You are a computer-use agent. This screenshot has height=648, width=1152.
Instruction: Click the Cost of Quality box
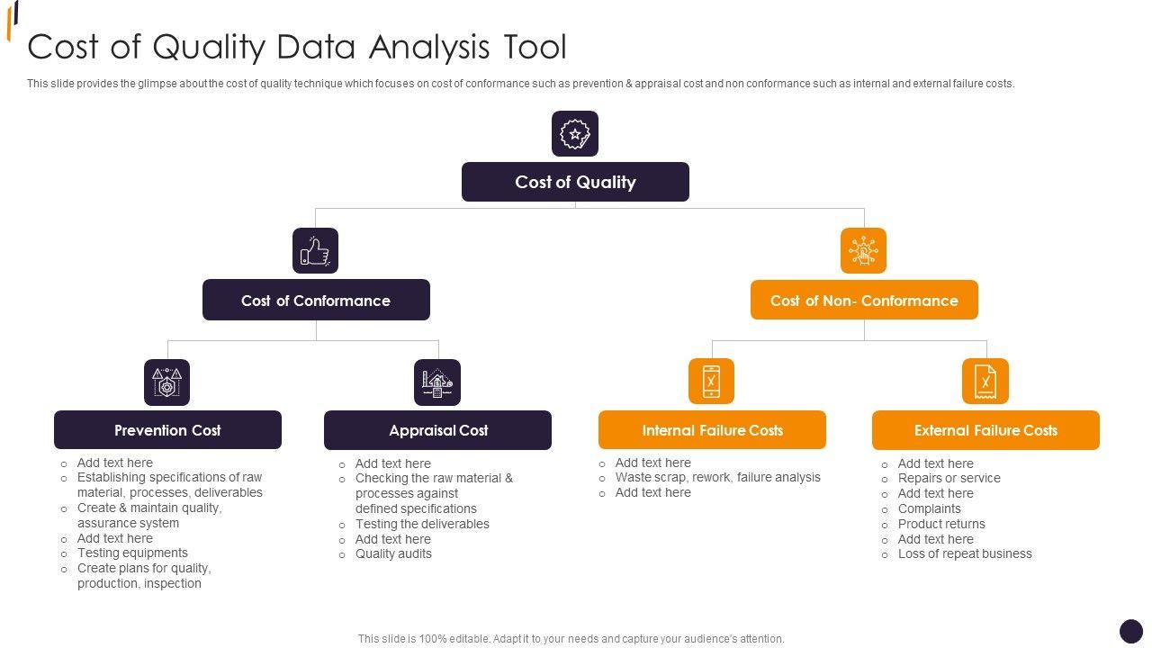point(575,182)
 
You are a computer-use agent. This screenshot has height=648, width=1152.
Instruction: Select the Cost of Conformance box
point(316,300)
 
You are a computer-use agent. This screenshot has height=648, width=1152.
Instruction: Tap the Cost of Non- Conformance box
point(864,300)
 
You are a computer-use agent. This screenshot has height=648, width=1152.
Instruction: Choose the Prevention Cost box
point(167,430)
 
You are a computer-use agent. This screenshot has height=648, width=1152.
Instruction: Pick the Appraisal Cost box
point(437,430)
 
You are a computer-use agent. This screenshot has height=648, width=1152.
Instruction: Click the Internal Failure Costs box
point(712,430)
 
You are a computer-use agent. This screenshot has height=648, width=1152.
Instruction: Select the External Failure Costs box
point(985,430)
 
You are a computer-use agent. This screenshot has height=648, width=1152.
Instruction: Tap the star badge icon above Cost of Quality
point(575,134)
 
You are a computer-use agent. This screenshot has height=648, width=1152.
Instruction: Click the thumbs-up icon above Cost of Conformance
point(315,250)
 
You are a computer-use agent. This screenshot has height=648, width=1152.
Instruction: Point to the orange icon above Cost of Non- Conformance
point(863,250)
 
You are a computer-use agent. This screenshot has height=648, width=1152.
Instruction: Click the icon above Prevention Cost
point(166,382)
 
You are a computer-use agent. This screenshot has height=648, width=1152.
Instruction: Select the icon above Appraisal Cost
point(437,382)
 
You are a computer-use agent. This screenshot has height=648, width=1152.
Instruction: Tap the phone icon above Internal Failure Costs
point(711,382)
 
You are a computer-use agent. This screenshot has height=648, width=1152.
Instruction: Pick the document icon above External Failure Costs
point(985,382)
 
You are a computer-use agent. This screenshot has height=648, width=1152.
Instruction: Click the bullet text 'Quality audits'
point(393,554)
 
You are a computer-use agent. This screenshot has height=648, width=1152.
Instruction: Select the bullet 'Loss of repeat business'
point(965,554)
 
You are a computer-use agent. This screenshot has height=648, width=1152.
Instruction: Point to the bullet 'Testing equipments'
point(132,553)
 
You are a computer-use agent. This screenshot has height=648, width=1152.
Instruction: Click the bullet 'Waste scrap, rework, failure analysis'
point(717,478)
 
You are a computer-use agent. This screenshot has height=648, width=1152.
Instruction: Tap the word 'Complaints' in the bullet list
point(929,508)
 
